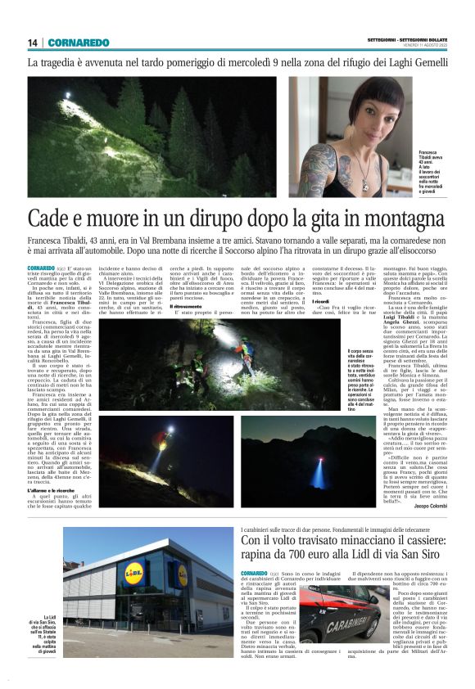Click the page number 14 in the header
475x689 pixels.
coord(32,43)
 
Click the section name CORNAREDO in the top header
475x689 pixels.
coord(78,43)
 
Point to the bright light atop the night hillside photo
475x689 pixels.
coord(68,96)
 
